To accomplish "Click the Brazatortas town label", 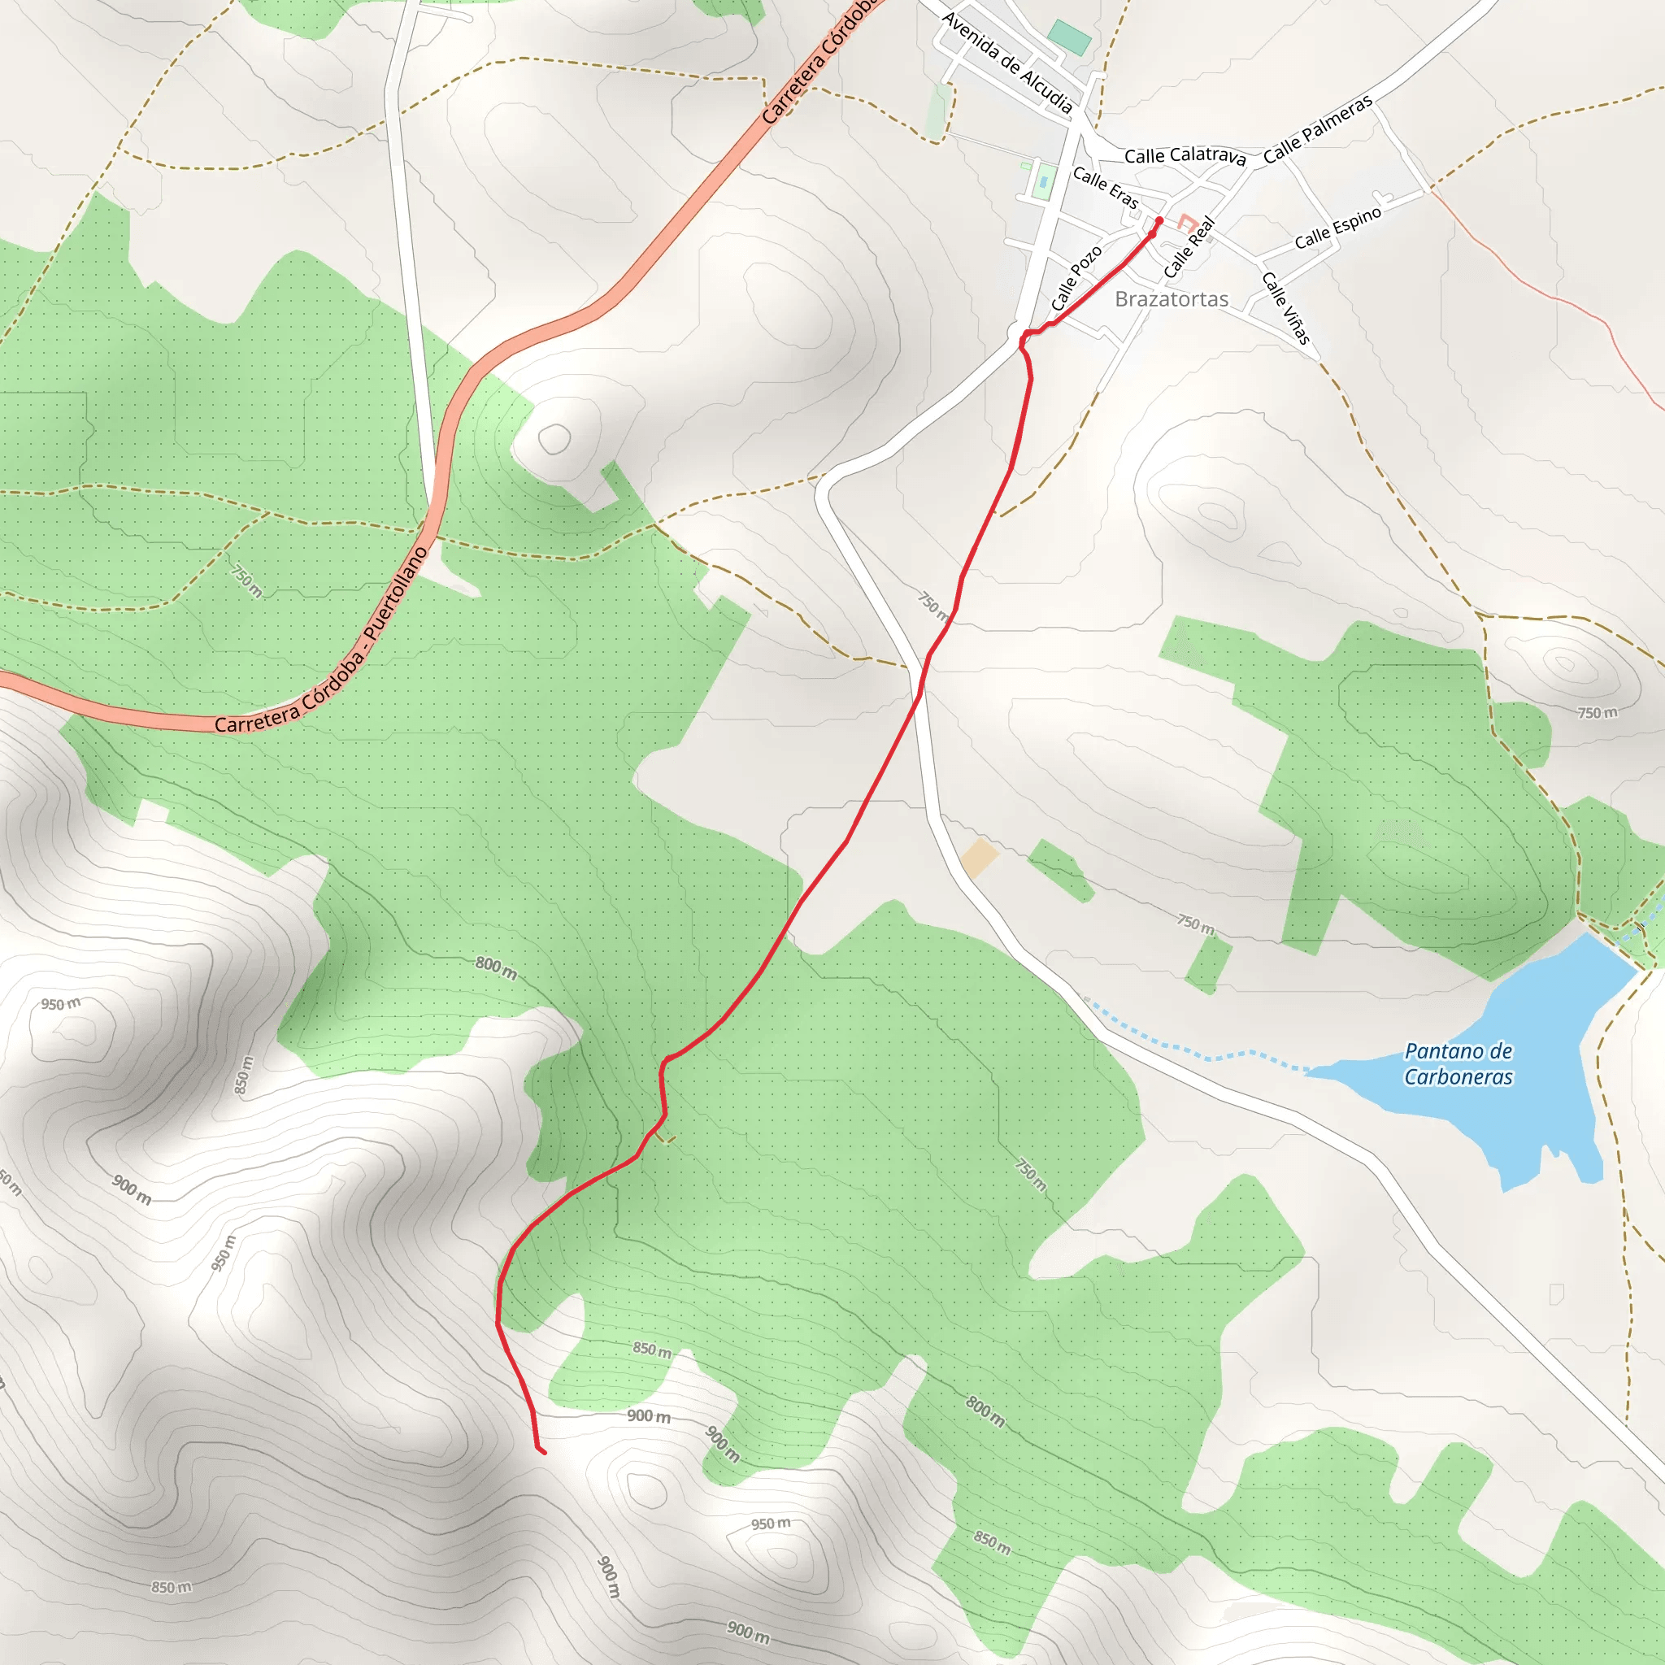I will (x=1172, y=299).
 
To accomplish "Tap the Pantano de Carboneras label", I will (x=1459, y=1063).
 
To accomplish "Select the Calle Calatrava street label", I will (x=1185, y=156).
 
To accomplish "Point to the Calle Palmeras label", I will (x=1318, y=129).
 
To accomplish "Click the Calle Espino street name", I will (x=1337, y=228).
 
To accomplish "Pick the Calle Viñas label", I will (x=1286, y=307).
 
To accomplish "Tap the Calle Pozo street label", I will (x=1076, y=277).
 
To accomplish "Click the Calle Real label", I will (x=1189, y=247).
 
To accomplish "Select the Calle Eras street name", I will (x=1106, y=188).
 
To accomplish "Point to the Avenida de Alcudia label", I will (x=1007, y=63).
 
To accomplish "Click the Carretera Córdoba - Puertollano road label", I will (x=320, y=641).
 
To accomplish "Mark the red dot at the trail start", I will (x=1159, y=220).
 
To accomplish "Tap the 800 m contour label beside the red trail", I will (x=496, y=967).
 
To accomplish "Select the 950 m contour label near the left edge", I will (x=60, y=1004).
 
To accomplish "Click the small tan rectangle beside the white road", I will (x=979, y=859).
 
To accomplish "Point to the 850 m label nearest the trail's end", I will (x=651, y=1350).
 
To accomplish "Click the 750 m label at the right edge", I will (x=1598, y=713).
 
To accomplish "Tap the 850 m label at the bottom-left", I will (x=172, y=1588).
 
